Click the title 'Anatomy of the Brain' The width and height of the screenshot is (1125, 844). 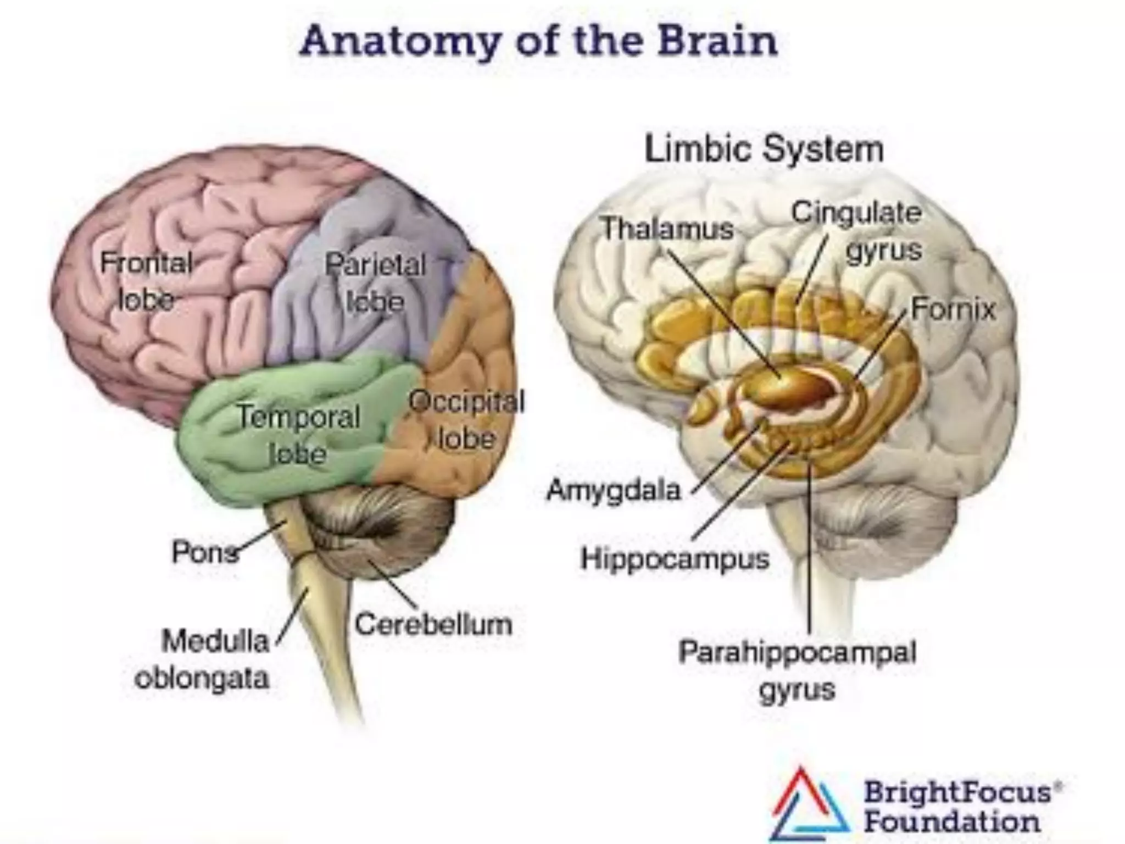click(x=538, y=41)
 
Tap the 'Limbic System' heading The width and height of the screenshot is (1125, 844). click(x=764, y=148)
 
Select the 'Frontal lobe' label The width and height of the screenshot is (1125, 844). click(x=146, y=281)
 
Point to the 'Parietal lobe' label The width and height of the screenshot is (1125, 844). click(x=375, y=282)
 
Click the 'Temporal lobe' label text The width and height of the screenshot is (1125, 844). click(x=298, y=434)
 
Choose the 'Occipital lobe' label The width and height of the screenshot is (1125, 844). click(x=466, y=420)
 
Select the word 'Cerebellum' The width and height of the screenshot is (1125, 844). click(x=433, y=624)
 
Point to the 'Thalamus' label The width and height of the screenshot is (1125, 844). click(x=667, y=228)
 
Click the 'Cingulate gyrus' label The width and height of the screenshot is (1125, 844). click(x=857, y=231)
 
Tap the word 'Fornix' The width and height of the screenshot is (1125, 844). click(x=953, y=309)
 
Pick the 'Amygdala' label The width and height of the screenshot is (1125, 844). click(x=614, y=490)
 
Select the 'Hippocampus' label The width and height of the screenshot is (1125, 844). click(x=675, y=559)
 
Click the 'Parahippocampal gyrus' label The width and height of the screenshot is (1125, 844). click(x=797, y=670)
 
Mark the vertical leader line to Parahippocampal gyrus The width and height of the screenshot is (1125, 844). click(x=810, y=549)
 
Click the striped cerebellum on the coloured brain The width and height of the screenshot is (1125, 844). click(x=379, y=533)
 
